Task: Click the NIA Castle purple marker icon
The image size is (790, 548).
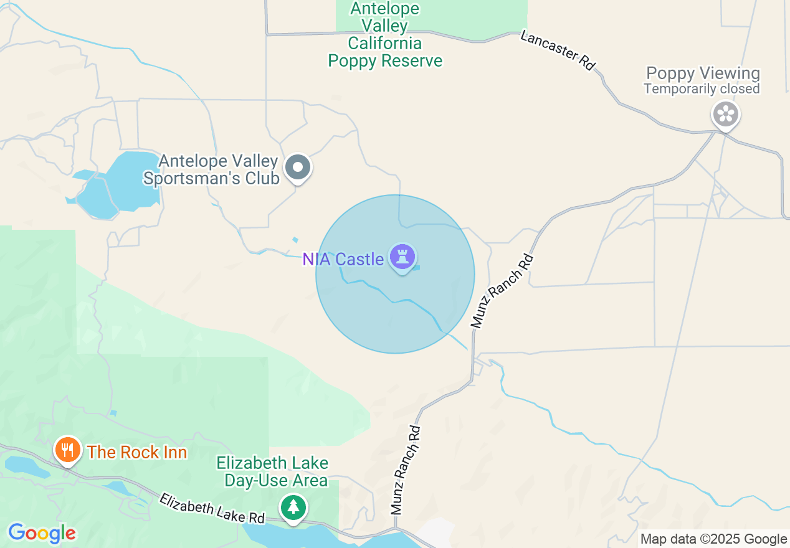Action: [402, 257]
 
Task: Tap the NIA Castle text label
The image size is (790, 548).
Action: [343, 259]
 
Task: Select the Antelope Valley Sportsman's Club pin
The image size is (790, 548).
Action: [298, 168]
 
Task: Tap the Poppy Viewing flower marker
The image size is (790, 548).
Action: [725, 115]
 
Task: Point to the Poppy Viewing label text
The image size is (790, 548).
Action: [703, 73]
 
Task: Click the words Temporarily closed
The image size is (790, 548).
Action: [702, 89]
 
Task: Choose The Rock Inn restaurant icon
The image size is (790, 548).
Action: [67, 450]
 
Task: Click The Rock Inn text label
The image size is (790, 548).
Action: [137, 452]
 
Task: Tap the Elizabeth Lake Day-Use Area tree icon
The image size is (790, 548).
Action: [293, 507]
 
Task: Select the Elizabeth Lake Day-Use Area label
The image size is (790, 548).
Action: [272, 471]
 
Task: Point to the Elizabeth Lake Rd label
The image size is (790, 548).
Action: [212, 508]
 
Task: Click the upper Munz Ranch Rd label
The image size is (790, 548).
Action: [502, 291]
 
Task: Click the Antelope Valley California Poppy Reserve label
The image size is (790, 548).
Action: [385, 35]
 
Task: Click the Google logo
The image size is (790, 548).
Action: [42, 533]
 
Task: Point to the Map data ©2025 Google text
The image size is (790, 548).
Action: [714, 539]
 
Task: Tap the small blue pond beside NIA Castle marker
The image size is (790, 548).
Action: [416, 268]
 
